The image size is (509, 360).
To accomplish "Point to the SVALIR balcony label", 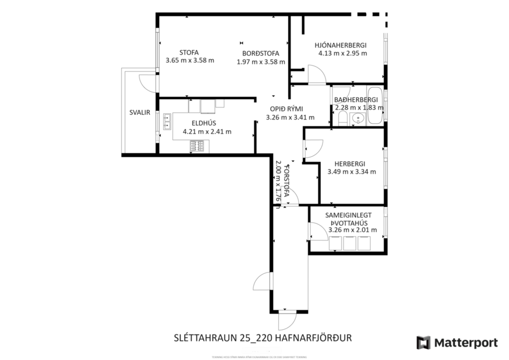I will [x=140, y=113].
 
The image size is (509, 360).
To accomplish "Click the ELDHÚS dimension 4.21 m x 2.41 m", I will [x=207, y=131].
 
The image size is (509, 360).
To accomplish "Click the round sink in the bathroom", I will [x=358, y=118].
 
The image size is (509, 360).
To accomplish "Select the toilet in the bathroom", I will [x=342, y=120].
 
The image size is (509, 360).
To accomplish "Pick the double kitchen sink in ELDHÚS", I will [x=166, y=121].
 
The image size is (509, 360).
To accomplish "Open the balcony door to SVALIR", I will [x=150, y=82].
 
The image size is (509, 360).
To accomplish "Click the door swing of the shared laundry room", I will [x=317, y=232].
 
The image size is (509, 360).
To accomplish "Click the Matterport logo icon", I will [x=423, y=343].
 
